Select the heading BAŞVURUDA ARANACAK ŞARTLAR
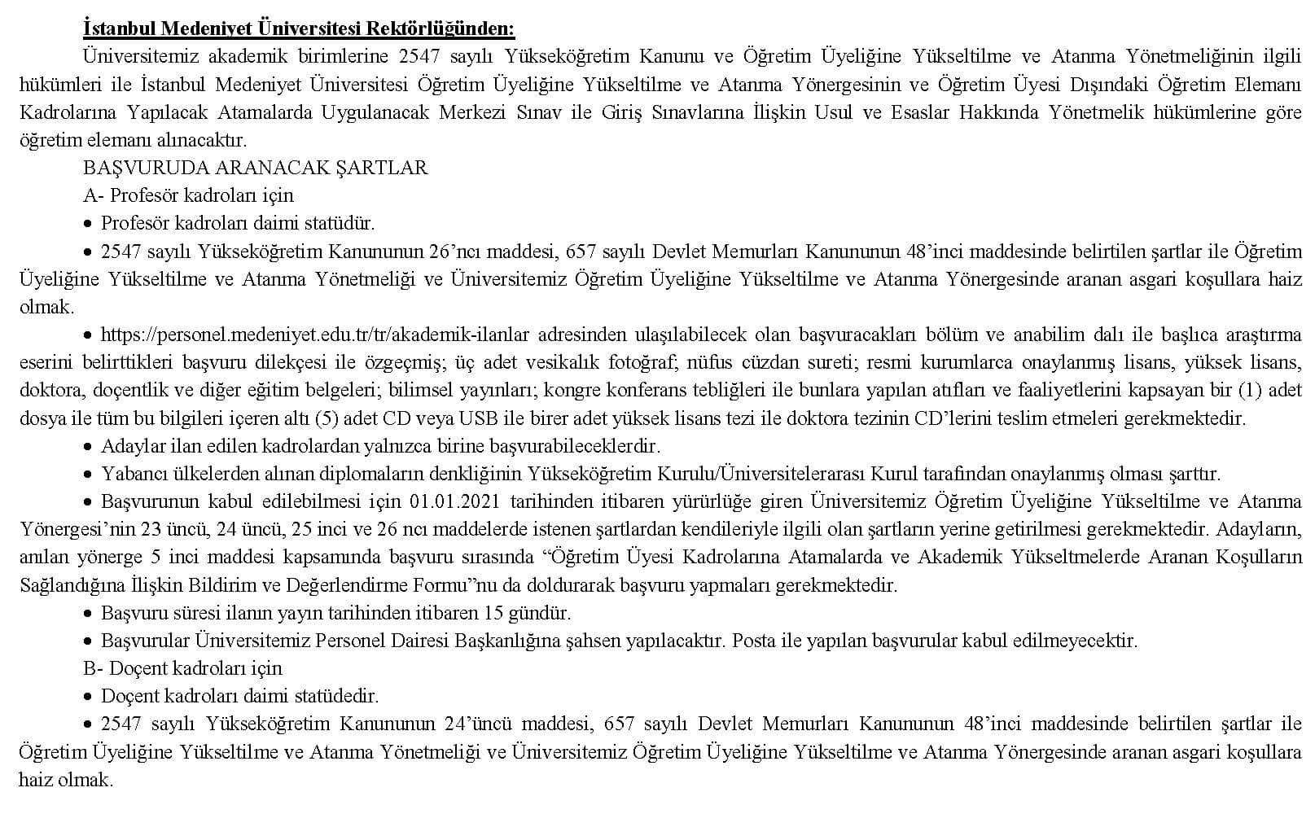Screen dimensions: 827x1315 [255, 168]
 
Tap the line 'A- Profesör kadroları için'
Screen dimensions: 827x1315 [188, 195]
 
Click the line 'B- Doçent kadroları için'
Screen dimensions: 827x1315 [182, 668]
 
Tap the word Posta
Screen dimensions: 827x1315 [754, 641]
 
